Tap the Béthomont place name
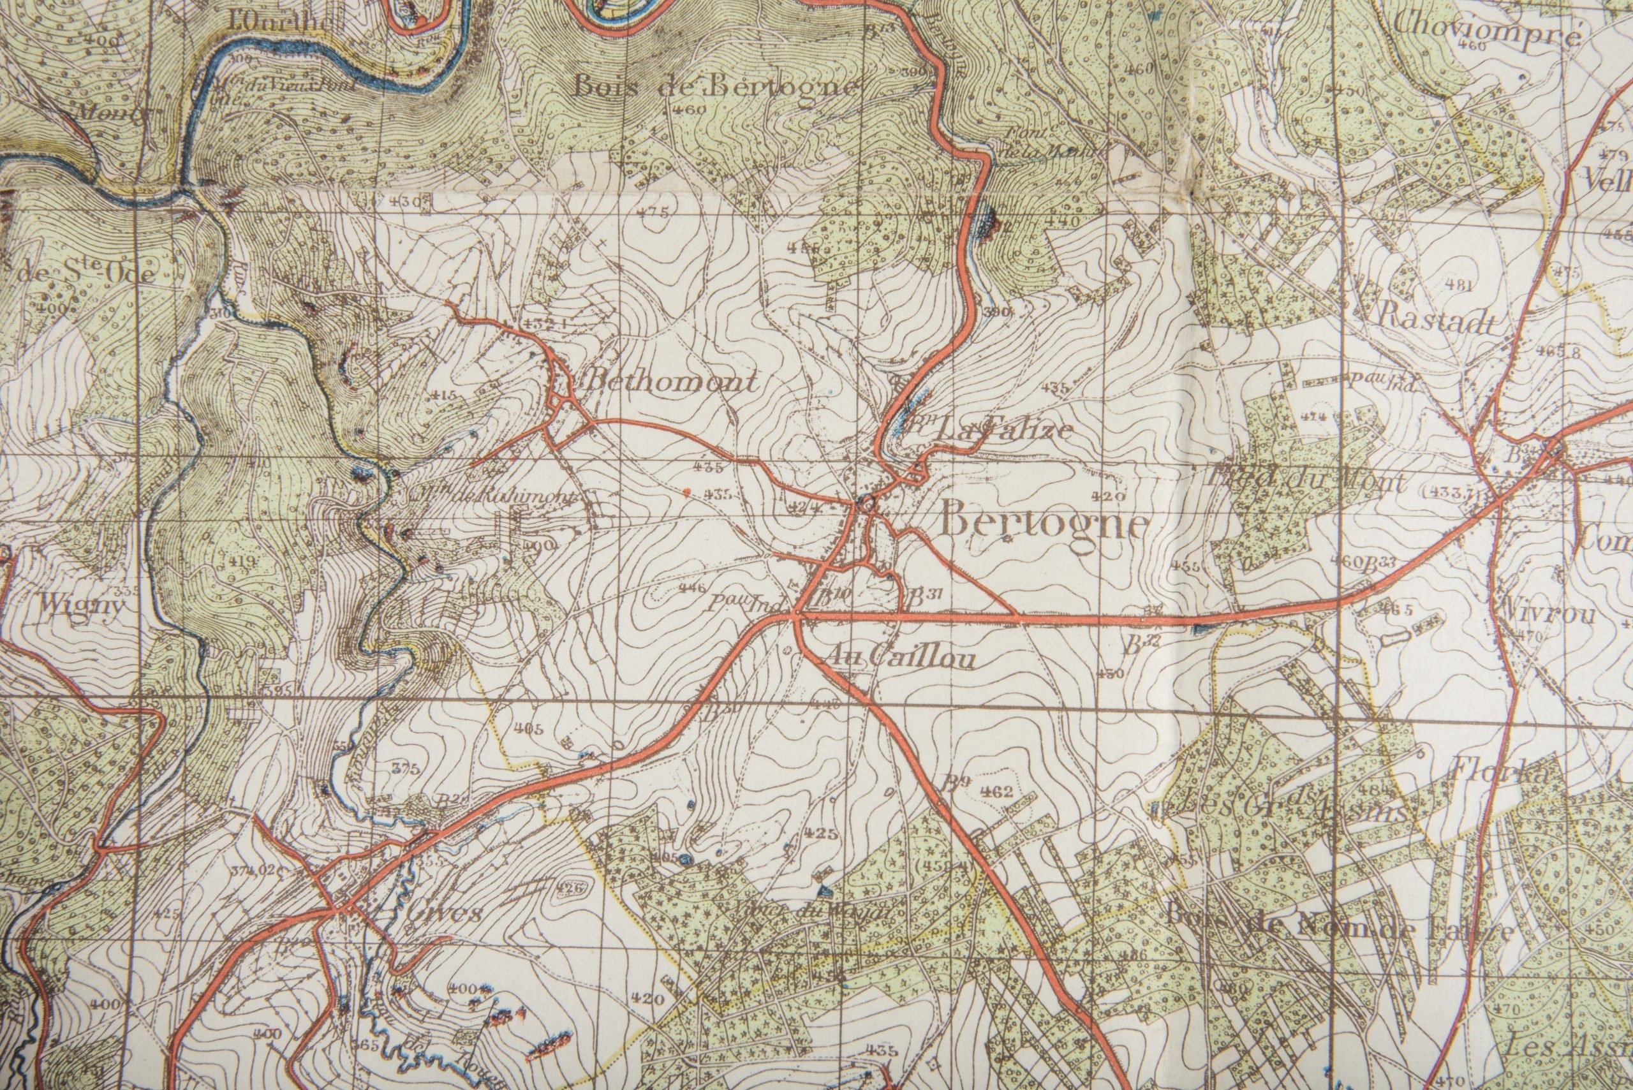(672, 381)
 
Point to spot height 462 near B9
(997, 791)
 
